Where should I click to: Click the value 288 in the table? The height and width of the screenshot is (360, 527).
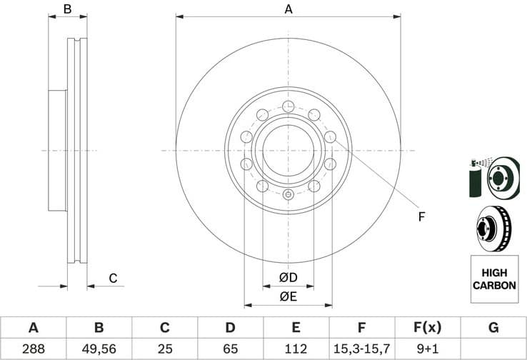[x=33, y=349]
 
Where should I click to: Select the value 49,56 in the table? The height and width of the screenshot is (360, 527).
[x=99, y=349]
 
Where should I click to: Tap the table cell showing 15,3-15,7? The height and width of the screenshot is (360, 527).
[x=361, y=349]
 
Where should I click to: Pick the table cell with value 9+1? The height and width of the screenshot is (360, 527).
[x=427, y=349]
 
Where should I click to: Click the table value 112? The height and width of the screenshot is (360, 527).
[x=296, y=349]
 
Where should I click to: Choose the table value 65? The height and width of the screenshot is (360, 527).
[x=230, y=349]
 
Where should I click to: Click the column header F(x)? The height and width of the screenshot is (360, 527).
[x=427, y=328]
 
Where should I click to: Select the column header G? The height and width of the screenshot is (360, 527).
[x=493, y=328]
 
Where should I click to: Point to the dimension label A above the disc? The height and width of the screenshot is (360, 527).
[x=288, y=9]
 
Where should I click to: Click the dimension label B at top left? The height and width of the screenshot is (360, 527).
[x=67, y=9]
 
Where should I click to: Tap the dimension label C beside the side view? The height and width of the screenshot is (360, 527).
[x=112, y=279]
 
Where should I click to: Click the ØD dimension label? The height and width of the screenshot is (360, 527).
[x=288, y=277]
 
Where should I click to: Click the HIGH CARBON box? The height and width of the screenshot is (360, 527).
[x=493, y=279]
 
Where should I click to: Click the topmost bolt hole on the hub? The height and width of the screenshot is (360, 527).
[x=288, y=107]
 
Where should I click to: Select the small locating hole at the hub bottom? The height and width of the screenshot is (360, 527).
[x=288, y=195]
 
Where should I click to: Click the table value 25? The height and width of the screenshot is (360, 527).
[x=164, y=349]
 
